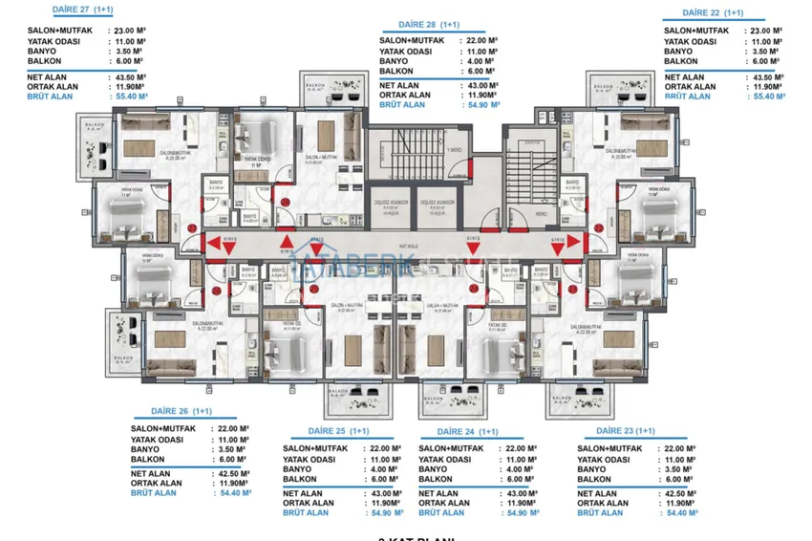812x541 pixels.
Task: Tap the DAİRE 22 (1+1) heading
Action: coord(713,13)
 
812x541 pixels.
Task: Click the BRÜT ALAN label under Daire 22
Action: coord(688,97)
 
